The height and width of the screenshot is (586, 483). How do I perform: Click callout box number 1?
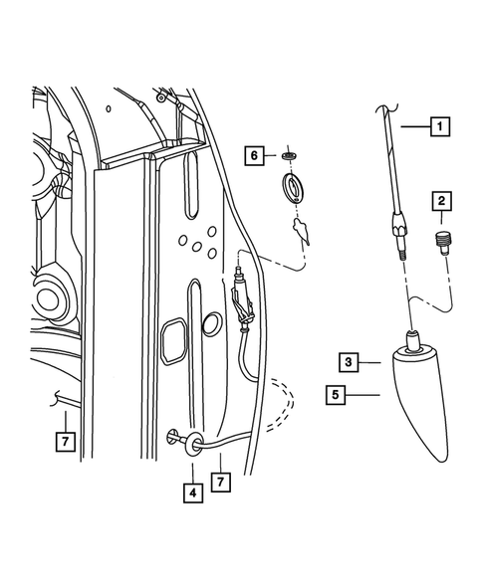438,126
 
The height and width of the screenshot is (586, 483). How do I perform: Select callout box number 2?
439,203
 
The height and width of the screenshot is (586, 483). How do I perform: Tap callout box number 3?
348,362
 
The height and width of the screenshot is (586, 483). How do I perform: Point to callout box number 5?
338,395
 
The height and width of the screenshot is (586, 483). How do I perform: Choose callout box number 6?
256,155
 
